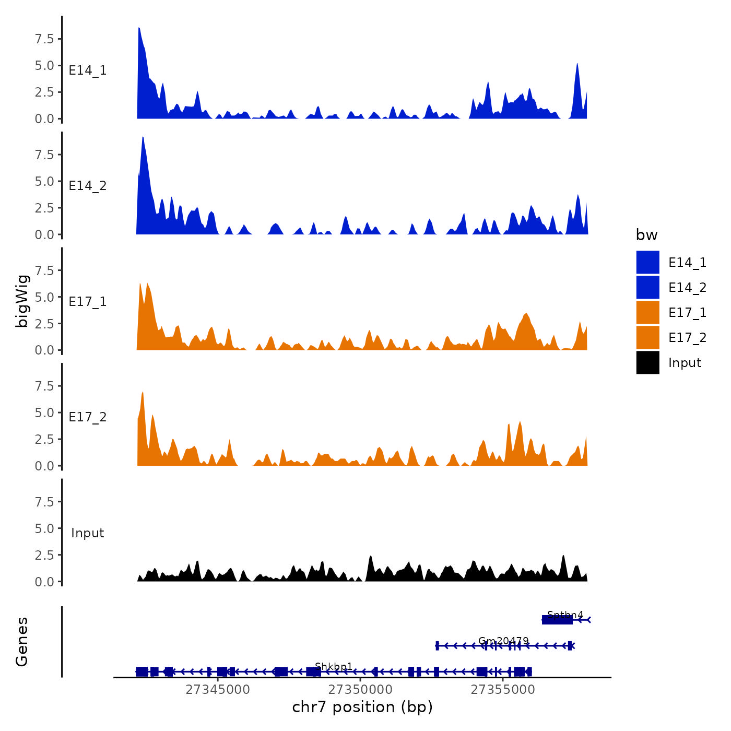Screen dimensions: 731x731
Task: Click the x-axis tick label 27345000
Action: pyautogui.click(x=217, y=690)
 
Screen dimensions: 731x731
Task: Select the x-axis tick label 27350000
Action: pyautogui.click(x=360, y=690)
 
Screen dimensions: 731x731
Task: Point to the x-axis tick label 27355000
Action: pyautogui.click(x=503, y=690)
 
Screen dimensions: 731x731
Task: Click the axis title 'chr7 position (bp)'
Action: pyautogui.click(x=362, y=707)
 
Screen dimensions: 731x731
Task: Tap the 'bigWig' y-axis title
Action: pyautogui.click(x=22, y=301)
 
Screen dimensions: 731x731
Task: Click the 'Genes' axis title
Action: pyautogui.click(x=22, y=642)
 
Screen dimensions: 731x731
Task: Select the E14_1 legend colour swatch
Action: pyautogui.click(x=647, y=263)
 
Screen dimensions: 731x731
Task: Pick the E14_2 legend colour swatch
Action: pyautogui.click(x=647, y=288)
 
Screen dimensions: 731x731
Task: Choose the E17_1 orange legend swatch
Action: pyautogui.click(x=647, y=313)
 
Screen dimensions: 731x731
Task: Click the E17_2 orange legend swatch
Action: pyautogui.click(x=647, y=338)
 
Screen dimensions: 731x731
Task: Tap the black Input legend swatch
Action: pyautogui.click(x=647, y=363)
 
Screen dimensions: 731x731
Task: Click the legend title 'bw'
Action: pyautogui.click(x=646, y=235)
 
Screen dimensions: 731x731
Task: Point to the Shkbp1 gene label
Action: pyautogui.click(x=334, y=667)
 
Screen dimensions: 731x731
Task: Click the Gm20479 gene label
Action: pyautogui.click(x=503, y=641)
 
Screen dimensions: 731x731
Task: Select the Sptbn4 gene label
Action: pyautogui.click(x=565, y=615)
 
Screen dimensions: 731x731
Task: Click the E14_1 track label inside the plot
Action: pyautogui.click(x=88, y=70)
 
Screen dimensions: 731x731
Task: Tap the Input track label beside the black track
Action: pyautogui.click(x=88, y=533)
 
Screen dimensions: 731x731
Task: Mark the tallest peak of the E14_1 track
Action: pyautogui.click(x=139, y=28)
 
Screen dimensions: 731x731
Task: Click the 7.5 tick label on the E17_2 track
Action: pyautogui.click(x=44, y=386)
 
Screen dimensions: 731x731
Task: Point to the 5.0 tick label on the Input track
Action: pyautogui.click(x=44, y=528)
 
